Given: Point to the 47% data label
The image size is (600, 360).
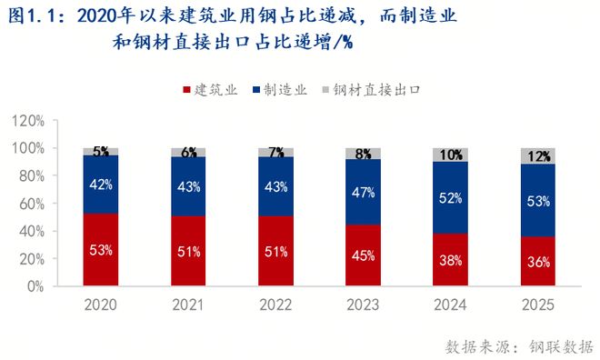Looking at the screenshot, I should (364, 192).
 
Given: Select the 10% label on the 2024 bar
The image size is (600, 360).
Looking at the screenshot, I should (452, 155).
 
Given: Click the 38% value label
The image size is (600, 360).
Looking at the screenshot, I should (452, 259).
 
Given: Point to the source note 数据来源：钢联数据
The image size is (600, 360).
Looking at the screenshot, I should (519, 345).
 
